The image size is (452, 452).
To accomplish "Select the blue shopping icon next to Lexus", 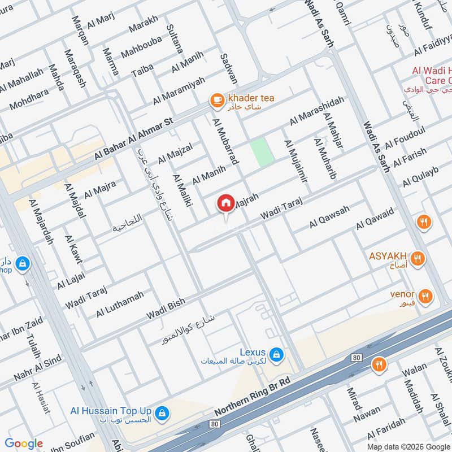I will (x=276, y=354).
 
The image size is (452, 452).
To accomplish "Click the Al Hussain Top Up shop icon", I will (x=162, y=413).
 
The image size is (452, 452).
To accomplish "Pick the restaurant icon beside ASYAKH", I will (x=418, y=259).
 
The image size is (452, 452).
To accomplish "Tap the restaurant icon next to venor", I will (x=425, y=295).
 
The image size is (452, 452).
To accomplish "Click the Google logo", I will (x=24, y=444).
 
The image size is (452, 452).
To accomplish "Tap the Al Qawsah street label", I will (x=329, y=217).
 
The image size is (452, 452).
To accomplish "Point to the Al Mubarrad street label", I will (x=225, y=141).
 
